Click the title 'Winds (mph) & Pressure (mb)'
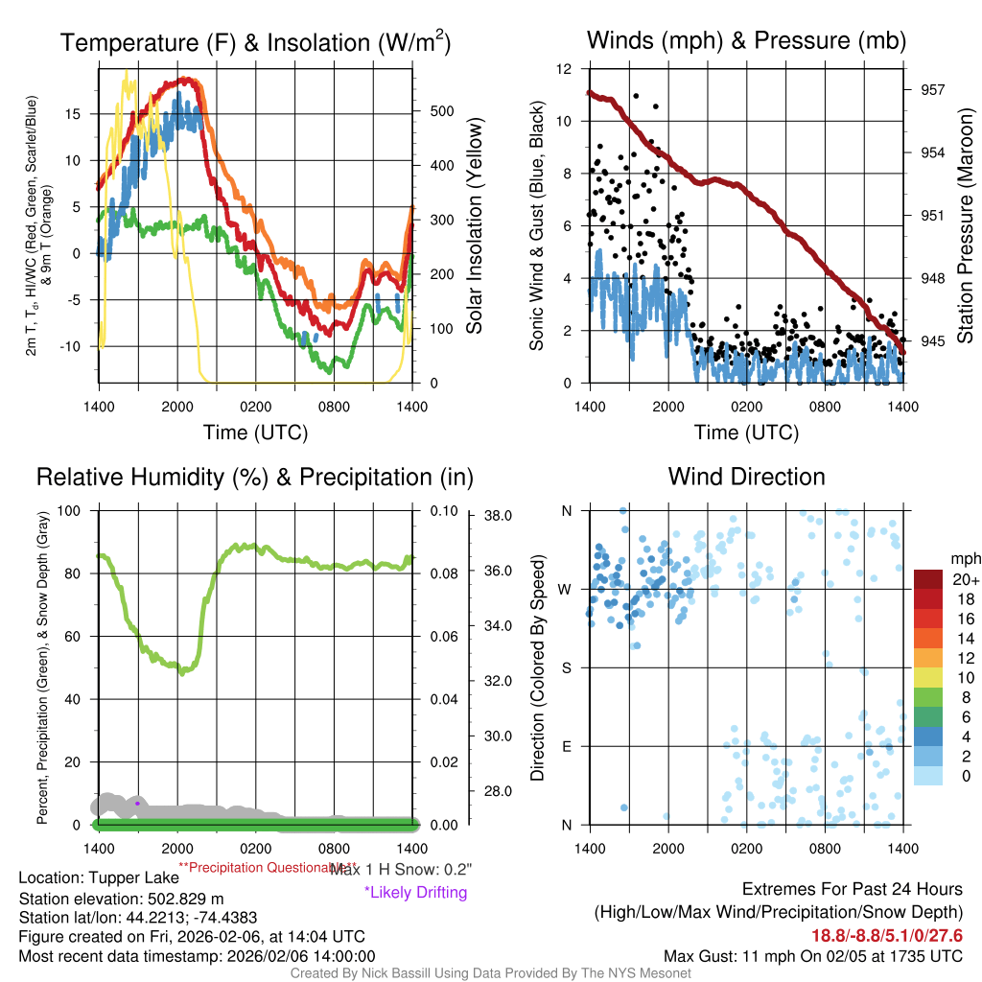[x=746, y=40]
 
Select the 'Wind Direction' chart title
[x=746, y=477]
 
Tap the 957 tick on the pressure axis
[x=933, y=89]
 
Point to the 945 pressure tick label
[x=933, y=340]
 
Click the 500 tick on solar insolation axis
[x=441, y=110]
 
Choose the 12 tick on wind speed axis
[x=566, y=69]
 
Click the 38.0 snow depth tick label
[x=496, y=515]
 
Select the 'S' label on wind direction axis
[x=566, y=667]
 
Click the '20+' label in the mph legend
[x=962, y=579]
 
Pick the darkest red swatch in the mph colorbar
[x=929, y=579]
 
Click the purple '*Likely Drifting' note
[x=415, y=893]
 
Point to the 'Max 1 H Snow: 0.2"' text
[x=401, y=869]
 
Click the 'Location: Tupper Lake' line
[x=99, y=877]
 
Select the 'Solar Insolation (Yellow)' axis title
[x=475, y=226]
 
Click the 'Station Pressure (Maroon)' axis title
[x=966, y=226]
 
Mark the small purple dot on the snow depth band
[x=138, y=802]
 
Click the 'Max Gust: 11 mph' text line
[x=813, y=956]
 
